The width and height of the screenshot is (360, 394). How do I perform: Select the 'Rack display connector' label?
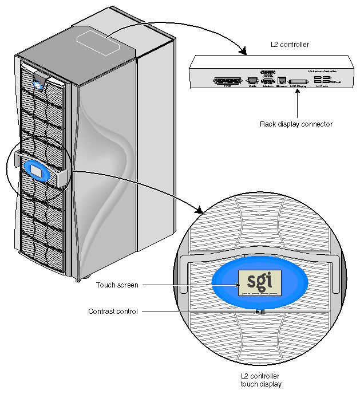296,124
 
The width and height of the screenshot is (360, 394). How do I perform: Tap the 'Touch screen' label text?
113,285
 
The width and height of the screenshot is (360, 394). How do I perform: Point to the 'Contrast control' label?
113,312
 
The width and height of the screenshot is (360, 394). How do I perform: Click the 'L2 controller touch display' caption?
261,380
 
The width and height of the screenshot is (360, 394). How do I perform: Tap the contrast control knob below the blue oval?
261,312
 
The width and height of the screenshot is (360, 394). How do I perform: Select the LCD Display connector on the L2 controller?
298,81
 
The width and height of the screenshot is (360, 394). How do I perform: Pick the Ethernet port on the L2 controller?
282,81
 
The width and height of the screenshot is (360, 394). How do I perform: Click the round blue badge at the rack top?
39,86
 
